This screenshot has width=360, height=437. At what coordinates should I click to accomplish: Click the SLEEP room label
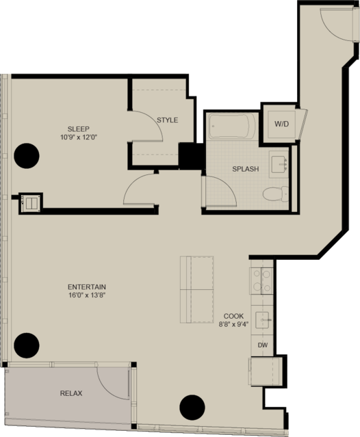click(78, 129)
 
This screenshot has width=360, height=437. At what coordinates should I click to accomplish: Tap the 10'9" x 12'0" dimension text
click(78, 137)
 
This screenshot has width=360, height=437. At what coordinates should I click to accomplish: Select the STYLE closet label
click(167, 120)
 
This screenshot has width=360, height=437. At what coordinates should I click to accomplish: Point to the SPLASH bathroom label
click(246, 169)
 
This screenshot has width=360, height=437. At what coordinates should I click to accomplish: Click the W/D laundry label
click(281, 124)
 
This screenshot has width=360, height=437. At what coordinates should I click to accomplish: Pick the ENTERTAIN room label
click(87, 287)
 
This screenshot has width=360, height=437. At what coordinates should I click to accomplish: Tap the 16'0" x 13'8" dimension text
click(87, 295)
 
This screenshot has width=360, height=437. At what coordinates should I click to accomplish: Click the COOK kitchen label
click(233, 316)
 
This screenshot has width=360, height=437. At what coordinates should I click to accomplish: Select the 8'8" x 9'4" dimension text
click(233, 324)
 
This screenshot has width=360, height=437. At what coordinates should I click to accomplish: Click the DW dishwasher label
click(262, 345)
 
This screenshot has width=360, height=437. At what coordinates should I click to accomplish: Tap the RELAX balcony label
click(71, 393)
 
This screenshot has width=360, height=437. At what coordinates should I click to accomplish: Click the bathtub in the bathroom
click(232, 126)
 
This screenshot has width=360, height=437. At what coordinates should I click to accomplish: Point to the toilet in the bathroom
click(276, 194)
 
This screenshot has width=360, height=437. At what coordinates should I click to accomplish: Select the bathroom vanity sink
click(279, 164)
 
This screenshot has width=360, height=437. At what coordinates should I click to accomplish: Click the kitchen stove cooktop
click(261, 280)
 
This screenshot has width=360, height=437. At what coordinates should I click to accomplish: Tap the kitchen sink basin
click(262, 320)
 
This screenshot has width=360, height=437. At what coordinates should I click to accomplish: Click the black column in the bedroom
click(27, 156)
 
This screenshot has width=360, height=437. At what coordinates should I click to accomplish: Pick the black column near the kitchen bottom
click(192, 407)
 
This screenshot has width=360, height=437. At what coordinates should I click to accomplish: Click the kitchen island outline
click(197, 289)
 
